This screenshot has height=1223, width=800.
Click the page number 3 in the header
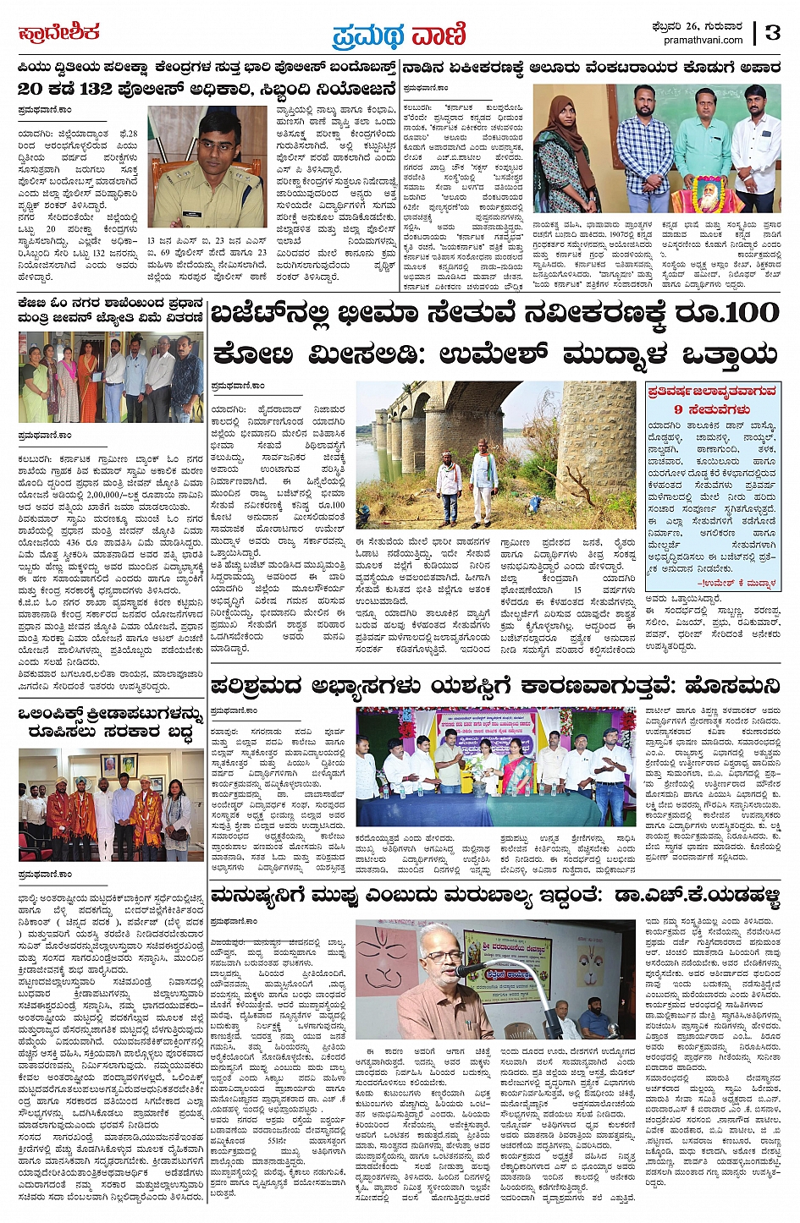tap(771, 33)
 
